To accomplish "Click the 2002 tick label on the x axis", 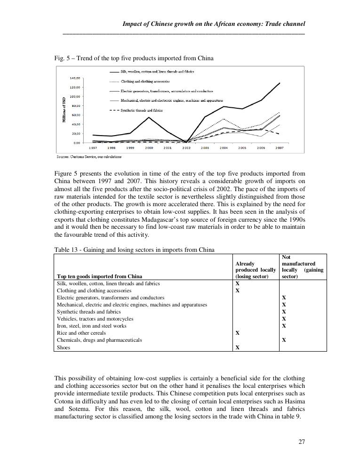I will pyautogui.click(x=186, y=148).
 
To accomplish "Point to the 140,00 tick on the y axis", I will pyautogui.click(x=75, y=78).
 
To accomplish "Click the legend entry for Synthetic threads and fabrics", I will pyautogui.click(x=141, y=110).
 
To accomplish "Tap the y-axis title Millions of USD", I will pyautogui.click(x=64, y=110).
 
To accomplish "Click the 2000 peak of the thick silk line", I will pyautogui.click(x=149, y=117).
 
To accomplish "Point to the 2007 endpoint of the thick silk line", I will pyautogui.click(x=280, y=83).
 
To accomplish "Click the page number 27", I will pyautogui.click(x=302, y=442).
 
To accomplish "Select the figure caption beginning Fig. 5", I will pyautogui.click(x=134, y=58).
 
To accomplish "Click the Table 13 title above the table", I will pyautogui.click(x=134, y=250).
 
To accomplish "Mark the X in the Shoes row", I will pyautogui.click(x=237, y=347).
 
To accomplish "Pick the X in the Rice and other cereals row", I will pyautogui.click(x=237, y=333).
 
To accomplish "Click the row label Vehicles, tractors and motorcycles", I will pyautogui.click(x=95, y=319).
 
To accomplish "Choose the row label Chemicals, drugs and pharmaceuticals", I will pyautogui.click(x=99, y=340).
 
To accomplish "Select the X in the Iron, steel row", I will pyautogui.click(x=283, y=326).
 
